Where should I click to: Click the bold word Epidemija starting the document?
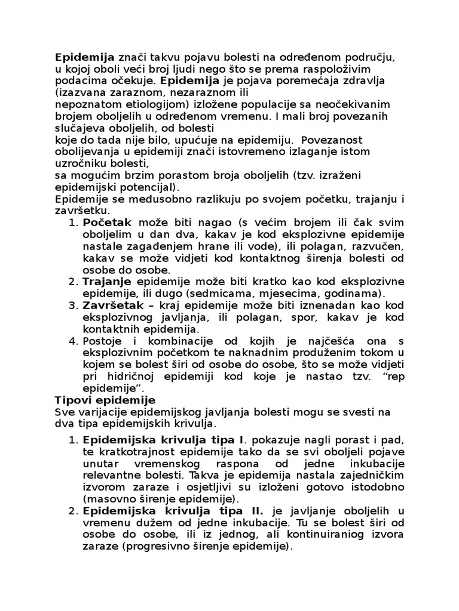pos(84,57)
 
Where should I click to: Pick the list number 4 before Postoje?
pos(74,341)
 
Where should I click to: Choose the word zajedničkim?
pos(370,475)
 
